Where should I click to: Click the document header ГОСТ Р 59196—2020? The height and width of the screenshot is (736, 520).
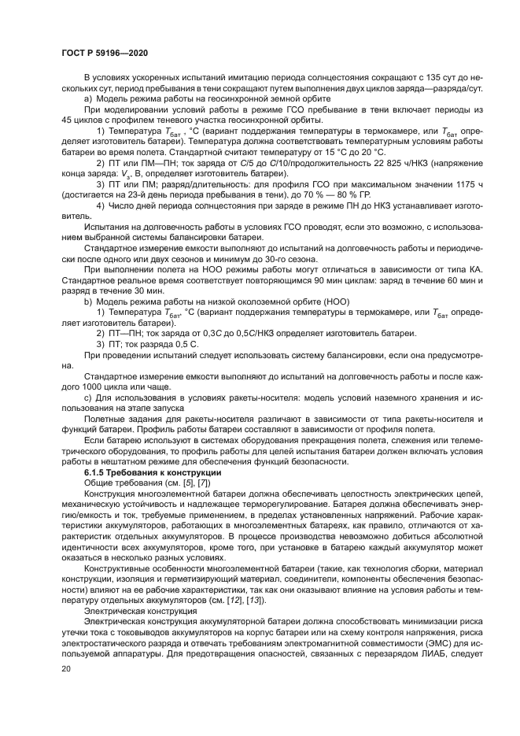pyautogui.click(x=104, y=53)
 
